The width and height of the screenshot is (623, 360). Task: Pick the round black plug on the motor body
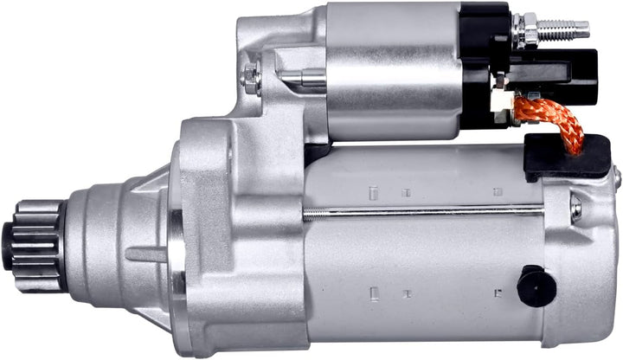[x=536, y=286]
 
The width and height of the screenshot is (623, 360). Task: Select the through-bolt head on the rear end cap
[x=576, y=208]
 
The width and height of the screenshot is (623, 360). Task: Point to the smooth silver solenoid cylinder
[x=394, y=69]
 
